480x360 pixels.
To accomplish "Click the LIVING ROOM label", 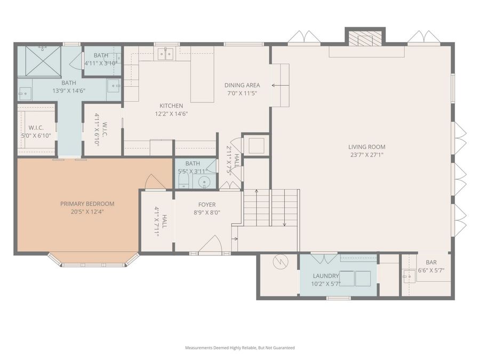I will click(x=366, y=147).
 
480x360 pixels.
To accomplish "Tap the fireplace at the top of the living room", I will click(x=365, y=38).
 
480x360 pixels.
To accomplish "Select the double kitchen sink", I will click(x=167, y=53).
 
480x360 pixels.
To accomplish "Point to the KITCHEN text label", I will click(x=171, y=106).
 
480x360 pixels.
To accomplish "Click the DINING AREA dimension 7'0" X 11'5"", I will click(x=242, y=93).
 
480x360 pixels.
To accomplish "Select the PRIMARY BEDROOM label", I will click(x=87, y=204).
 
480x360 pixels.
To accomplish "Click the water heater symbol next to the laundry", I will click(x=279, y=262).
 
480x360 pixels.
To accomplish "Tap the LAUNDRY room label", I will click(x=326, y=276).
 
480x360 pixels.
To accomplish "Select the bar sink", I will click(x=409, y=276).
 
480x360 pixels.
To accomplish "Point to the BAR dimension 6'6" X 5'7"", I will click(x=431, y=270).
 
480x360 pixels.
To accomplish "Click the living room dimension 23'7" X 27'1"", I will click(x=366, y=155).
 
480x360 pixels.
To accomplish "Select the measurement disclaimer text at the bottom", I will click(x=239, y=348).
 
